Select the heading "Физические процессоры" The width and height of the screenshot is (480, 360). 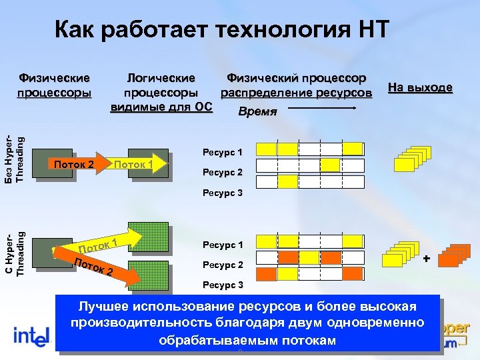click(x=54, y=86)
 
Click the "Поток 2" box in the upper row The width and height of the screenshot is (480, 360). click(x=75, y=164)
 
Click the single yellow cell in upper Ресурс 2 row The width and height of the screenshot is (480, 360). click(x=329, y=164)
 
